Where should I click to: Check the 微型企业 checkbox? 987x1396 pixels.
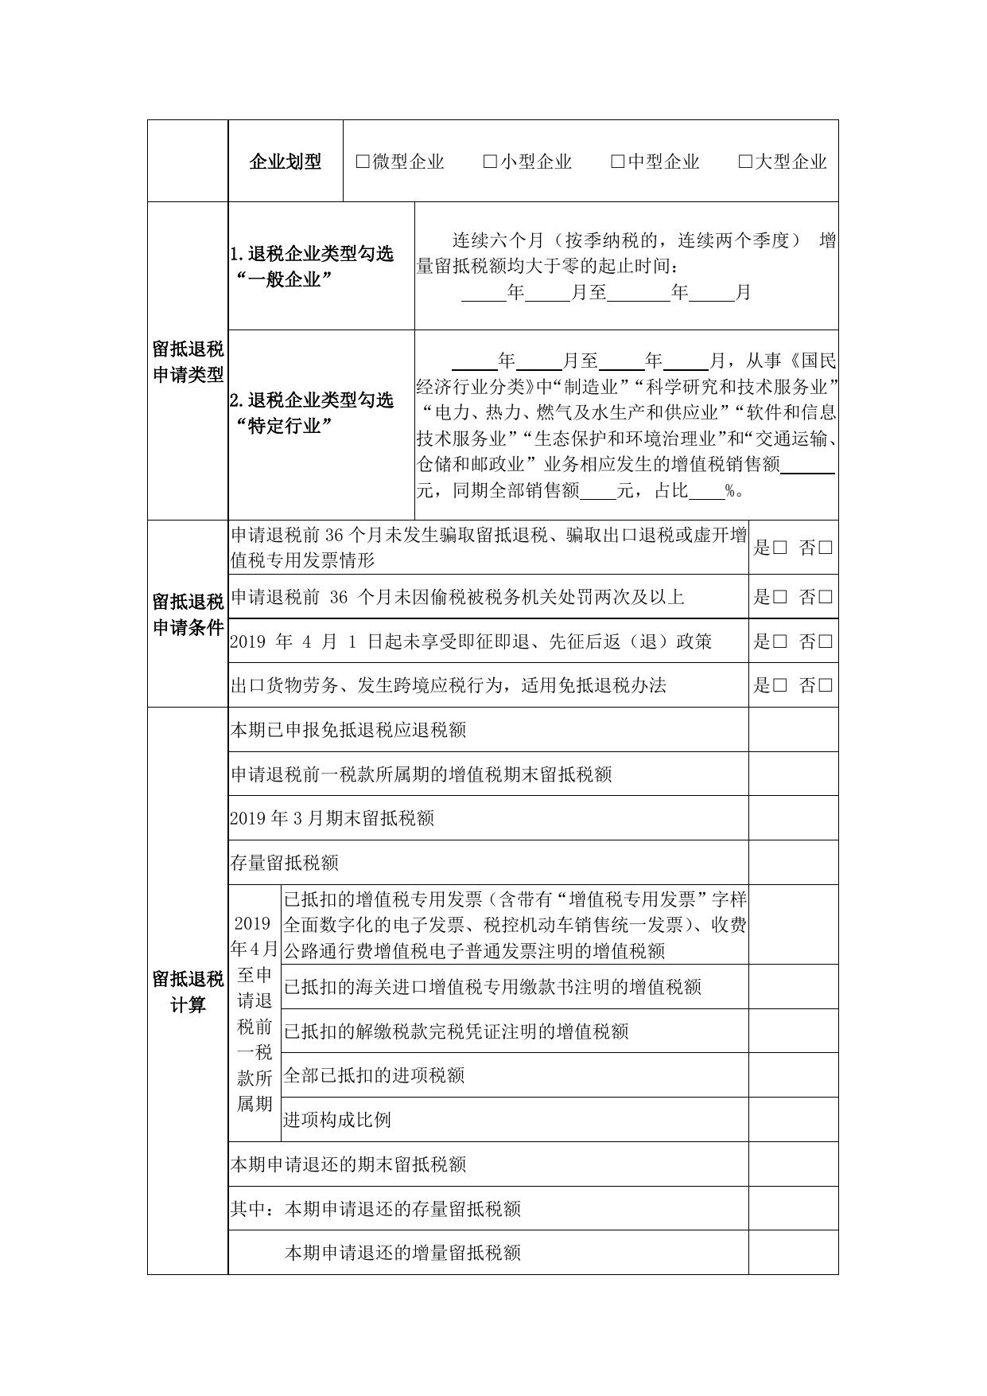point(363,162)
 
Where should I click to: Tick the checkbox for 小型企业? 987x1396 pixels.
point(490,162)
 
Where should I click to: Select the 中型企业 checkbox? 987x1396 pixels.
point(618,162)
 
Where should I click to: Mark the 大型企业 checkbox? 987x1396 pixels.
point(745,162)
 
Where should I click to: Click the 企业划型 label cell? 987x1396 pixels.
point(286,162)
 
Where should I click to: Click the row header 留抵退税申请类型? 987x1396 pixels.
point(188,362)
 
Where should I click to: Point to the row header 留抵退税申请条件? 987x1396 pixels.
point(188,614)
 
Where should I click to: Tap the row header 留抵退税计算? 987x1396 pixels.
point(188,991)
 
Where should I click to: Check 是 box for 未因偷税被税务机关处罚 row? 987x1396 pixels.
point(779,597)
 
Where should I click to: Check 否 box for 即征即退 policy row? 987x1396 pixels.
point(825,641)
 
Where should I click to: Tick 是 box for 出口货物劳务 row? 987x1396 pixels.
point(779,685)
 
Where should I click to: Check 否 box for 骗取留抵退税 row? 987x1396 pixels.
point(825,548)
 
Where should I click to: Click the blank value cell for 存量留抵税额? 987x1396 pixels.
point(793,863)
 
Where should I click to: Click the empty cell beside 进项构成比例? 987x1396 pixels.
point(793,1120)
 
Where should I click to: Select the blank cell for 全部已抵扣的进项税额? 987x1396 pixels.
point(793,1075)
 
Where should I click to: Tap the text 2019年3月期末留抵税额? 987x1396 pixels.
point(332,818)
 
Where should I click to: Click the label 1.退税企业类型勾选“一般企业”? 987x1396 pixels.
point(312,267)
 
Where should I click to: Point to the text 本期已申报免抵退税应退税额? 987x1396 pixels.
point(348,730)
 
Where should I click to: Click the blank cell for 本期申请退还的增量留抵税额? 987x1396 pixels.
point(793,1253)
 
